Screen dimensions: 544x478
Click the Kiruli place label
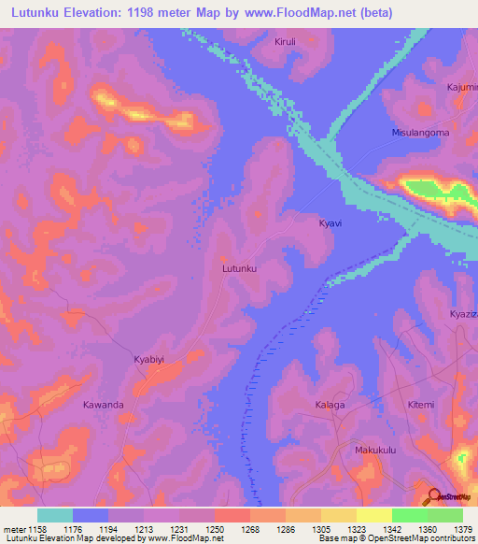284,42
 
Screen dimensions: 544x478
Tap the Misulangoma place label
419,133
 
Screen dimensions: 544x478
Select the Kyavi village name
330,224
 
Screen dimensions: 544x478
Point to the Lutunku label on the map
239,268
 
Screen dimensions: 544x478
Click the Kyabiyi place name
148,358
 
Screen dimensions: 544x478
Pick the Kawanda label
103,405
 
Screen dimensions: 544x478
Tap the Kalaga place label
330,405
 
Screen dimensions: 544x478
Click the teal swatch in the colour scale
55,515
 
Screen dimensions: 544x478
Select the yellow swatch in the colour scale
374,515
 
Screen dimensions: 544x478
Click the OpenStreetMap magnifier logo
434,494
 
